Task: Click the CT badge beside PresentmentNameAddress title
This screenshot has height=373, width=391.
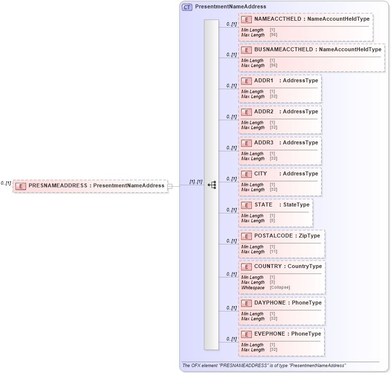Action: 187,7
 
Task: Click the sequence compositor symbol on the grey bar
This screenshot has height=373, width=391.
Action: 211,185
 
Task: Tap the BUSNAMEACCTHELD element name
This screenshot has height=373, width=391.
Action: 283,50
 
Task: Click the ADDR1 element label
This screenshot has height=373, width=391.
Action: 264,81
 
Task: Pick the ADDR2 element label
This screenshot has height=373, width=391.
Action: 264,112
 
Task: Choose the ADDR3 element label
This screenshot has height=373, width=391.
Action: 264,143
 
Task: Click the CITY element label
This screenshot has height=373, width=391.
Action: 261,174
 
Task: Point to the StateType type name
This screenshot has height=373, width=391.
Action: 297,205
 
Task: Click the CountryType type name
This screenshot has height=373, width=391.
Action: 304,267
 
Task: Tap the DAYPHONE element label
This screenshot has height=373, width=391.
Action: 269,303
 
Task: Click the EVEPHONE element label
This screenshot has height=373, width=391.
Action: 269,334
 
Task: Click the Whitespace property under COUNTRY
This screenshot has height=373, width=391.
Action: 253,288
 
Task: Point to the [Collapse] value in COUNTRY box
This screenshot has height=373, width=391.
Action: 280,288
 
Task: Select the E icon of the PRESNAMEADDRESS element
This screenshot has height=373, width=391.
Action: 21,186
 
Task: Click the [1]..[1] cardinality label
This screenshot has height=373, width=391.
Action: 196,182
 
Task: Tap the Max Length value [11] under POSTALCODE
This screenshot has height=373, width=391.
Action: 273,252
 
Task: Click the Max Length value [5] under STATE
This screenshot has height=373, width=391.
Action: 272,221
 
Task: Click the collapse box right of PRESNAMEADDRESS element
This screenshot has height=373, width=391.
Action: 170,186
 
